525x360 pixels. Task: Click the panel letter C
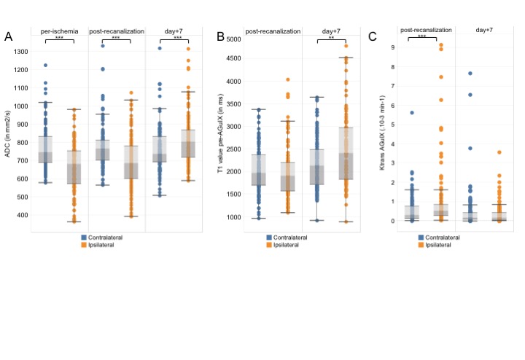pyautogui.click(x=373, y=36)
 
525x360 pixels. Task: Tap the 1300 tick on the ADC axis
pyautogui.click(x=20, y=51)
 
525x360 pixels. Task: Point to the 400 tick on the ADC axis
pyautogui.click(x=22, y=215)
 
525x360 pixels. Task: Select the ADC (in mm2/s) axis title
pyautogui.click(x=8, y=133)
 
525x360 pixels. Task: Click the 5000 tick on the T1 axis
pyautogui.click(x=233, y=39)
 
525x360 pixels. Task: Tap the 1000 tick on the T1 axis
pyautogui.click(x=233, y=217)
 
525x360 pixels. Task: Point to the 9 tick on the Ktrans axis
pyautogui.click(x=394, y=48)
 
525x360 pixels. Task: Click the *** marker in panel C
pyautogui.click(x=421, y=36)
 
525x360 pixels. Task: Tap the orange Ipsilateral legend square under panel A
pyautogui.click(x=84, y=245)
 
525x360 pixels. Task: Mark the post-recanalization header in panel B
pyautogui.click(x=273, y=31)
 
